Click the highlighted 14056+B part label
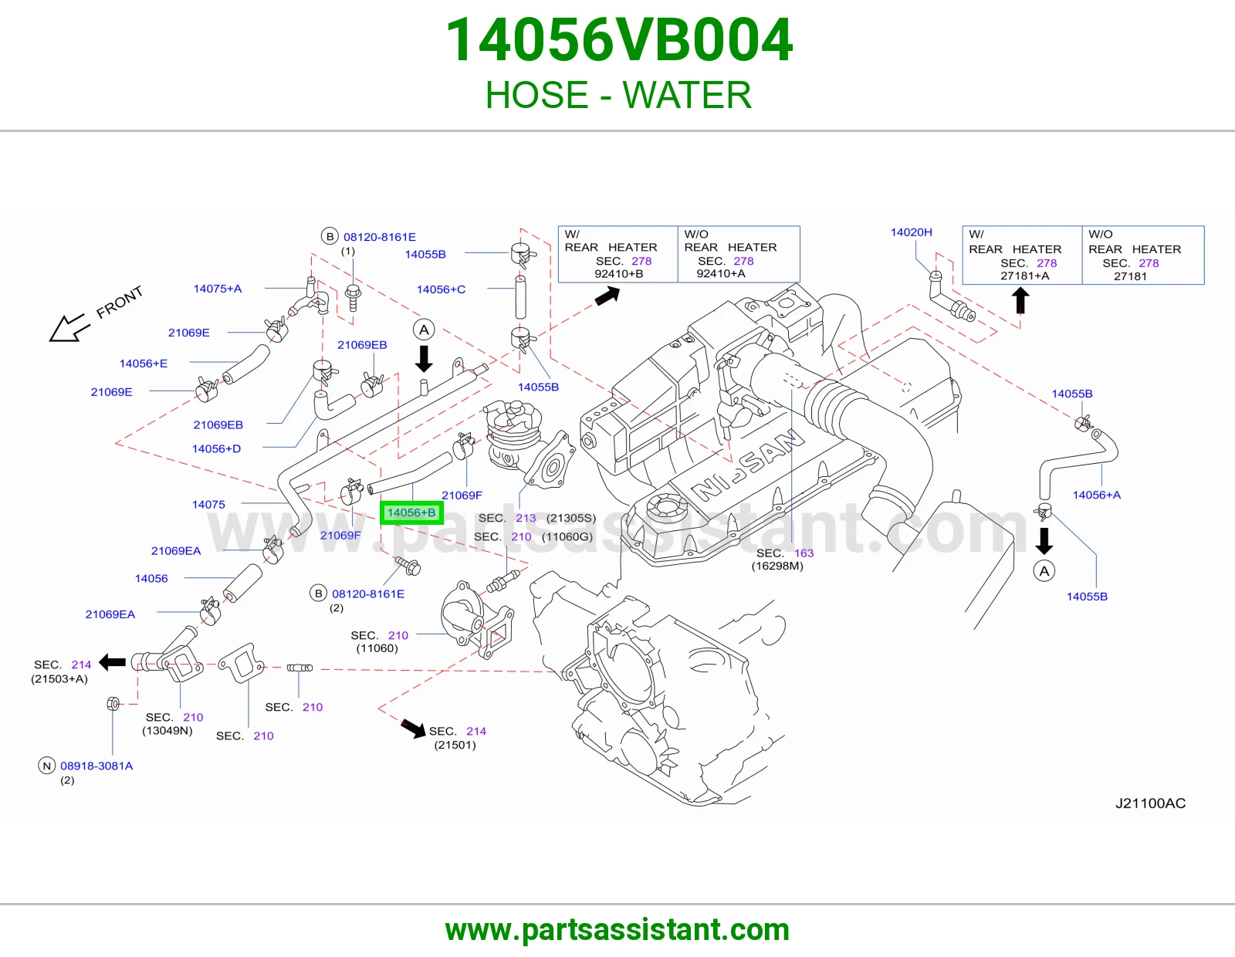[x=411, y=512]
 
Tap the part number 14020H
[x=911, y=232]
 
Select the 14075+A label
[x=217, y=288]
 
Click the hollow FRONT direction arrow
[x=68, y=328]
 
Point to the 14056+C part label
[x=441, y=289]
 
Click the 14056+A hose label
[x=1096, y=495]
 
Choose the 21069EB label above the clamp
[x=362, y=344]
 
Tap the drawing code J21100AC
[x=1150, y=803]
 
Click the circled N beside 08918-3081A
[x=46, y=766]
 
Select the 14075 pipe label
[x=208, y=504]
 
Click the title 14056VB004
[x=618, y=40]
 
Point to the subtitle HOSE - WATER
[x=618, y=95]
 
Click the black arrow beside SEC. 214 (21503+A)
[x=112, y=661]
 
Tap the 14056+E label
[x=144, y=364]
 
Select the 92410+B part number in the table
[x=618, y=273]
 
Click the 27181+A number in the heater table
[x=1025, y=276]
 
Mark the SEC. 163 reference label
[x=785, y=553]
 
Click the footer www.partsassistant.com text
[x=617, y=930]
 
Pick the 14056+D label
[x=217, y=448]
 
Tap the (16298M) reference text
[x=777, y=566]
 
